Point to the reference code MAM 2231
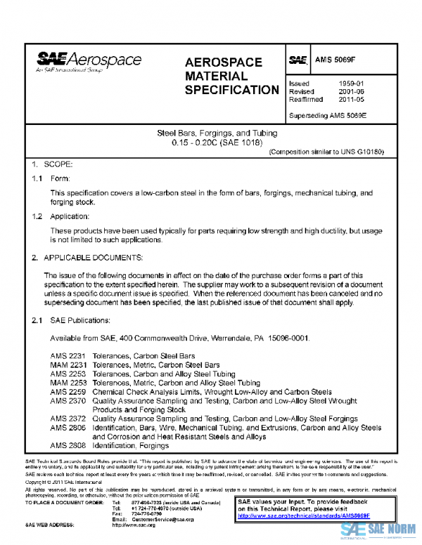pos(68,365)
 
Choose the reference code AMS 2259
pos(68,391)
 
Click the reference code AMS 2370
pos(68,400)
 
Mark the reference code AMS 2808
pos(68,445)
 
